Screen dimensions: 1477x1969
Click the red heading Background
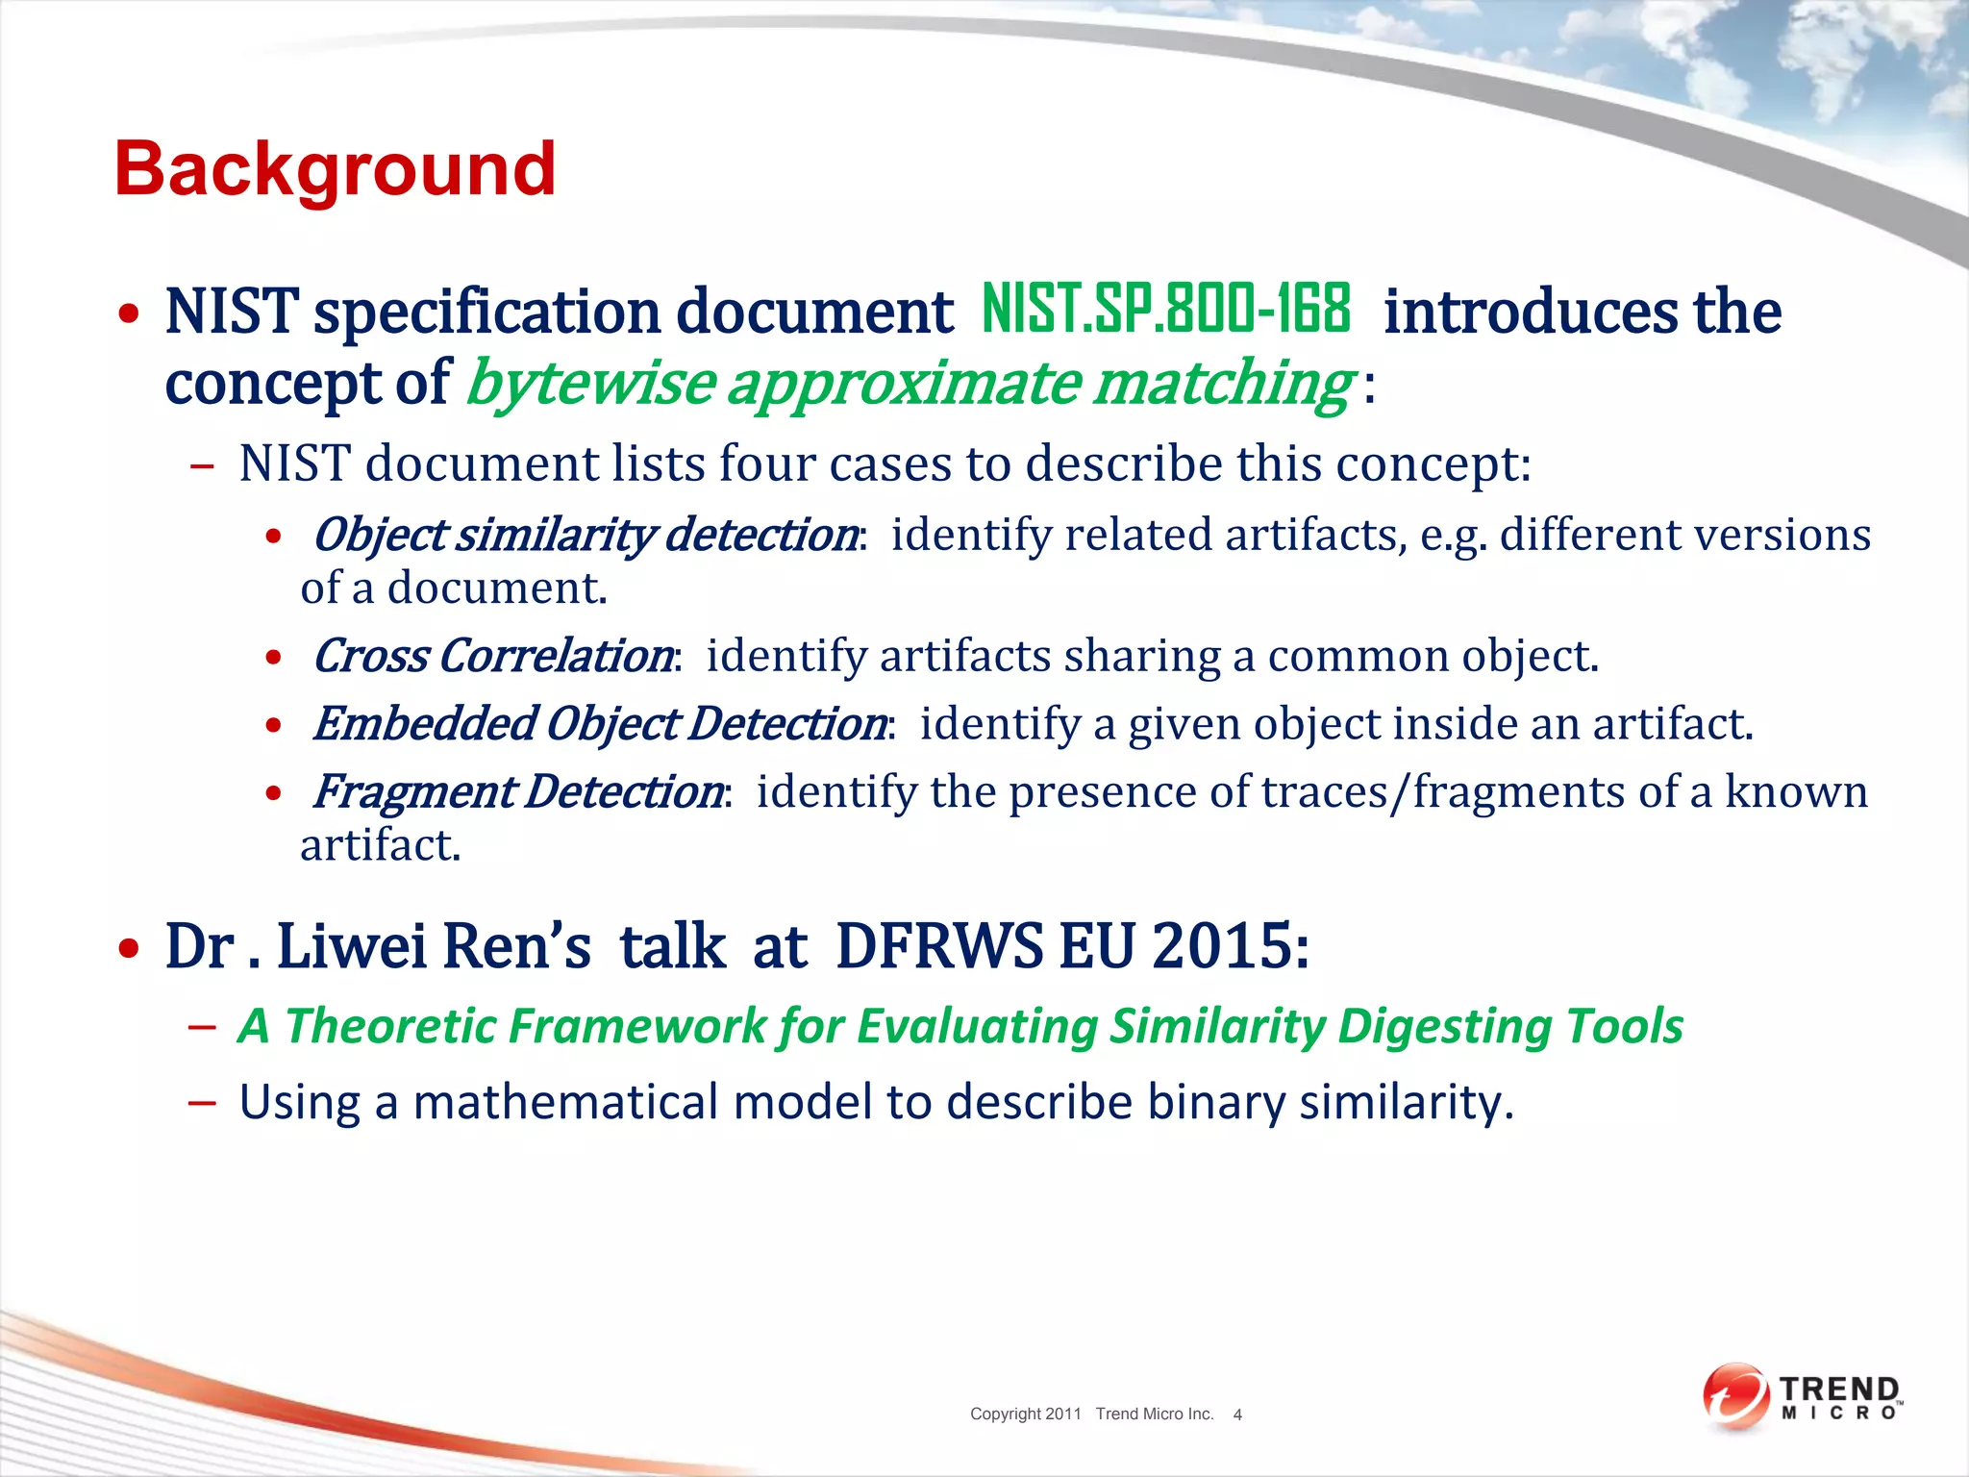335,169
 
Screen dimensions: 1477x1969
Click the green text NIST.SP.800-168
1165,310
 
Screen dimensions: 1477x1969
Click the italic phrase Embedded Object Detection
600,724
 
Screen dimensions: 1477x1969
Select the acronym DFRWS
938,946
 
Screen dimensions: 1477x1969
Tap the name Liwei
351,946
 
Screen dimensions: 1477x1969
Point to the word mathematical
565,1102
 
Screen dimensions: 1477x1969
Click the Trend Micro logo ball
1734,1395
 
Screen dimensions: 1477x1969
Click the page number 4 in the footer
1237,1414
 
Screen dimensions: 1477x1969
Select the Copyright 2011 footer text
1025,1414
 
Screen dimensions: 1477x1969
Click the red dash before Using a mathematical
202,1102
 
